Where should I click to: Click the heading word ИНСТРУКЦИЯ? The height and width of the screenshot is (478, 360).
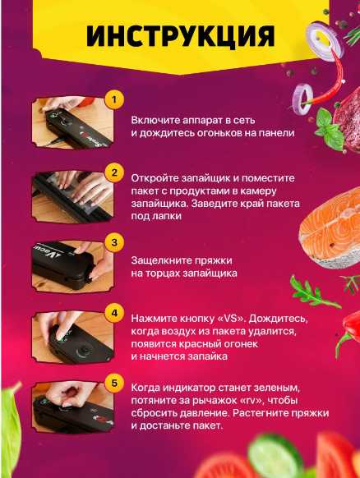click(180, 36)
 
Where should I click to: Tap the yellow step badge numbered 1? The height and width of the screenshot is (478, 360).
click(114, 99)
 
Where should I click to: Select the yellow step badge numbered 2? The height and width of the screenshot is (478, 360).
click(114, 172)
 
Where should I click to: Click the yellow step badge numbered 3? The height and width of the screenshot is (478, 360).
click(114, 242)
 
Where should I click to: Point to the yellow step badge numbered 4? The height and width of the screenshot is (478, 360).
click(114, 313)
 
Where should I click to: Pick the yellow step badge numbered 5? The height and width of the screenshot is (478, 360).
click(114, 383)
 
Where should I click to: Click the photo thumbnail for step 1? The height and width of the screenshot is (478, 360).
click(72, 122)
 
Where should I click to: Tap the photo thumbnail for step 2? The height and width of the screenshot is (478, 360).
click(72, 196)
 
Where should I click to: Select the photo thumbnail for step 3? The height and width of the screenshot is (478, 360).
click(72, 266)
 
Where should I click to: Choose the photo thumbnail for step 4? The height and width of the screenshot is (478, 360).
click(72, 338)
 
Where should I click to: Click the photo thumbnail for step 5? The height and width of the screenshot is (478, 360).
click(72, 407)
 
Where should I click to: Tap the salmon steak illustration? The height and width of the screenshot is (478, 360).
click(330, 228)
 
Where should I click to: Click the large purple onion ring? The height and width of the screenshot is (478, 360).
click(325, 41)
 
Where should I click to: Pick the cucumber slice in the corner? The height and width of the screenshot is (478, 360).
click(275, 456)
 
